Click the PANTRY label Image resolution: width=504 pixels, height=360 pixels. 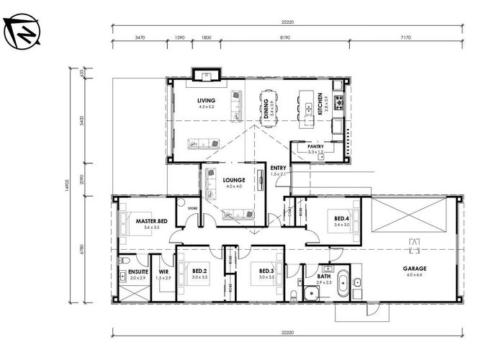(316, 146)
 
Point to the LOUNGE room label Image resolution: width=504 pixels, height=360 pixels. (234, 180)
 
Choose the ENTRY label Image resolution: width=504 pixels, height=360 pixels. (278, 168)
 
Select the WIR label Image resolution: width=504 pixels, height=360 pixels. (163, 271)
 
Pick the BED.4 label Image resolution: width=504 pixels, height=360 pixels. (342, 218)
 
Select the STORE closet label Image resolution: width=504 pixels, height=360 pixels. (192, 210)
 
